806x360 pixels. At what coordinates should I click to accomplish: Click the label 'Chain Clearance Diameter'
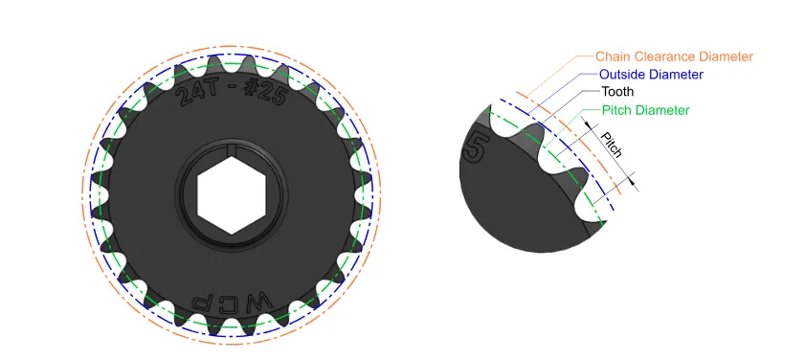674,56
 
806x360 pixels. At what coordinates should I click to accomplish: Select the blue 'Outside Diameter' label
651,75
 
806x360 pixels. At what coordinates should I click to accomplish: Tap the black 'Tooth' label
616,92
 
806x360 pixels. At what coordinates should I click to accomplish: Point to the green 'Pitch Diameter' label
645,110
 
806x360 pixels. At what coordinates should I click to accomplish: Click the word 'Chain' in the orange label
614,56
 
